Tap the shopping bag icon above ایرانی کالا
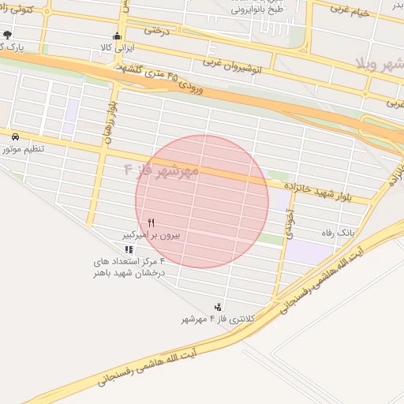point(118,36)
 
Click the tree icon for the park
point(7,35)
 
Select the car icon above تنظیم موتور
point(16,136)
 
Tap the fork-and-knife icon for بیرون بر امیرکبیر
point(151,223)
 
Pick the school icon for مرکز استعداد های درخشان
point(129,249)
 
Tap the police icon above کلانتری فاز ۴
point(218,306)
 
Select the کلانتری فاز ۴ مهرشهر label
point(210,319)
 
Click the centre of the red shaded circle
point(202,201)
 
